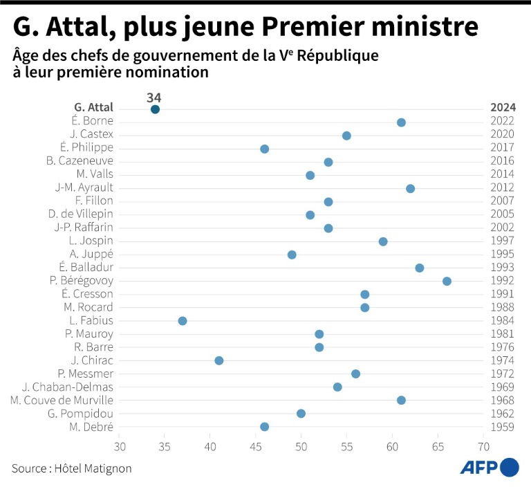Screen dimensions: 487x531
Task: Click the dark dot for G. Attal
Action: coord(155,109)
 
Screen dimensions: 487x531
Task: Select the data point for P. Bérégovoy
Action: coord(447,281)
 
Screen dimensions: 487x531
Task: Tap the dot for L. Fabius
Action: coord(183,321)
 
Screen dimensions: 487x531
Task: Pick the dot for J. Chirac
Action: coord(219,360)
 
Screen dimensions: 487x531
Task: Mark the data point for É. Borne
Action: coord(401,122)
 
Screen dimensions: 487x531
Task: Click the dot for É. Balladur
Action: coord(419,268)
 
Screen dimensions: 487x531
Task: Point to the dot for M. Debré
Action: coord(264,427)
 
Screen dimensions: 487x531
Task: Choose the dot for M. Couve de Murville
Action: coord(401,401)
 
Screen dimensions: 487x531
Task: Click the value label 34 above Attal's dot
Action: coord(154,97)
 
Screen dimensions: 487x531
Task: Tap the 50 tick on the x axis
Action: coord(301,446)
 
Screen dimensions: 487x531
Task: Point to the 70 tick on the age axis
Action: coord(481,446)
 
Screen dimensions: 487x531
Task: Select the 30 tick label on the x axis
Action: coord(120,446)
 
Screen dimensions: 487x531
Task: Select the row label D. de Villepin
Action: coord(80,214)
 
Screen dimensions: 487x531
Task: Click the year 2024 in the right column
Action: coord(503,108)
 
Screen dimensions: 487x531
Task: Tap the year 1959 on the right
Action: coord(503,427)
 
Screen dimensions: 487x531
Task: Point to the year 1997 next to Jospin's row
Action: coord(503,241)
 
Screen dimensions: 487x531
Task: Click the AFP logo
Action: coord(490,468)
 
